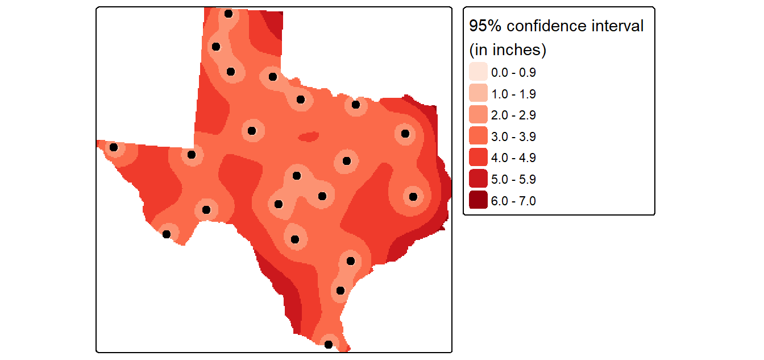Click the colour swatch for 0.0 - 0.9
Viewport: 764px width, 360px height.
478,72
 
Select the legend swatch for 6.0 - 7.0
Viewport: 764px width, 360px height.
478,200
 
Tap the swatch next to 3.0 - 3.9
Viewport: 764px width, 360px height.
478,136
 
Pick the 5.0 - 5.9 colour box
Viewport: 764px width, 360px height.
478,179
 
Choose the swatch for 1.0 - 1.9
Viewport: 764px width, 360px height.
478,93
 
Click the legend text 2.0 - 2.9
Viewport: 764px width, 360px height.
513,115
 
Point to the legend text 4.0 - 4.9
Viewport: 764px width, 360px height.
513,158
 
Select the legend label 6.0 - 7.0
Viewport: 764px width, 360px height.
513,201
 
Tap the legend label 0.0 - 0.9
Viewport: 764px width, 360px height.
513,73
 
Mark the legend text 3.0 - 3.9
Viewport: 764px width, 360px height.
513,137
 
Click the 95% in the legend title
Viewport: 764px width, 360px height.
485,26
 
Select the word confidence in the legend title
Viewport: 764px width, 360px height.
546,26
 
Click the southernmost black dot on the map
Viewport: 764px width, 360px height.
329,345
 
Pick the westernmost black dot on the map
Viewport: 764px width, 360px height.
114,147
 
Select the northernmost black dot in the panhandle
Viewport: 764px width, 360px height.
229,14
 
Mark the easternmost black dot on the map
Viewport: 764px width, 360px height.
413,197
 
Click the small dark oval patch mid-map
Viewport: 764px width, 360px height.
308,137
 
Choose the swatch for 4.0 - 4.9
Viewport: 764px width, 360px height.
478,157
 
